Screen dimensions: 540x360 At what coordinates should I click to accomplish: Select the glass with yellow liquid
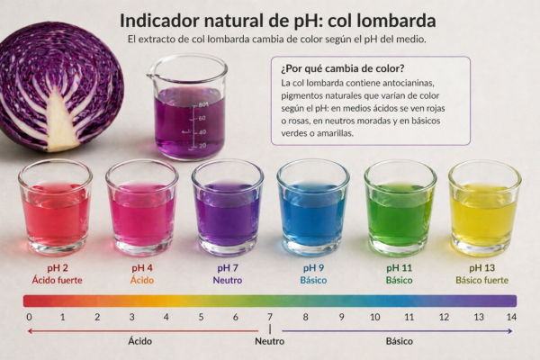coord(484,209)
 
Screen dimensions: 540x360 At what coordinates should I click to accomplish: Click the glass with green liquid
coord(400,209)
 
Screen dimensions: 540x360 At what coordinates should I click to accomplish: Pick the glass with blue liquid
coord(313,209)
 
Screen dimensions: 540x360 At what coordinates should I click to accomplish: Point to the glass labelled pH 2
coord(56,209)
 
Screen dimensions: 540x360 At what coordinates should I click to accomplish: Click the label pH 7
coord(228,267)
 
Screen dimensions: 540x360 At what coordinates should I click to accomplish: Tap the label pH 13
coord(482,267)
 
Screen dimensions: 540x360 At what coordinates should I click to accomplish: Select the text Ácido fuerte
coord(58,280)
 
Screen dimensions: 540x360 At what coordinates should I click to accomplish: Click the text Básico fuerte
coord(482,280)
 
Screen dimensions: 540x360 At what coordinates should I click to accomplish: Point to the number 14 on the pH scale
coord(511,317)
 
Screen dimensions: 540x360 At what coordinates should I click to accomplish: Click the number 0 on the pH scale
coord(30,317)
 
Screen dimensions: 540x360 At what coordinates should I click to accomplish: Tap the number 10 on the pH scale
coord(375,317)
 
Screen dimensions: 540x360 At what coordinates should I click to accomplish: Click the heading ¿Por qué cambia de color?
coord(343,68)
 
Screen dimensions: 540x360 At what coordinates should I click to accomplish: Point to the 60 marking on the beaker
coord(202,118)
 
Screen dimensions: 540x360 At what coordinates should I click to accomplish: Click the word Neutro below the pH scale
coord(270,341)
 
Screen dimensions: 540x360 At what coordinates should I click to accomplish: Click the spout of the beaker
coord(151,74)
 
